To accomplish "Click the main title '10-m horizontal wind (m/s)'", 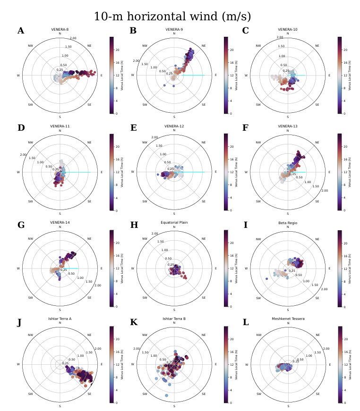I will click(172, 17).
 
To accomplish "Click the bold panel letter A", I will click(20, 31).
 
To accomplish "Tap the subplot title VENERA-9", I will click(174, 30).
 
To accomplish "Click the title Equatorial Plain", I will click(174, 221).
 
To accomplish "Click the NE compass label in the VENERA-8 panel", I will click(90, 46).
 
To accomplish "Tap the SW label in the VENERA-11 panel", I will click(31, 201).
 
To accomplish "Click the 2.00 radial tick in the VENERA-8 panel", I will click(73, 38).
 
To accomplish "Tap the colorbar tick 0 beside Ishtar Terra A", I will click(116, 403).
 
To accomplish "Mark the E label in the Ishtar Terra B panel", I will click(216, 364).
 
